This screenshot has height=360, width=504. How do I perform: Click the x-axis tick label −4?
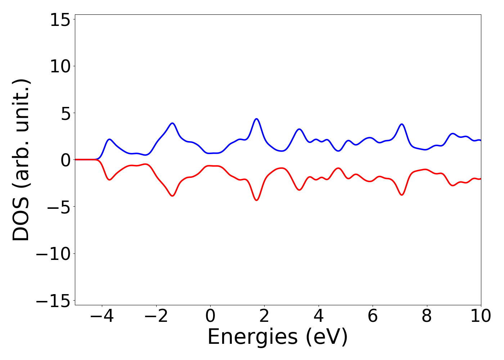pos(102,316)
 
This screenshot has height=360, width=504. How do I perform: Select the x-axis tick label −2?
pos(156,316)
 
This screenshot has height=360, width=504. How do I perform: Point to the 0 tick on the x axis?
pos(210,316)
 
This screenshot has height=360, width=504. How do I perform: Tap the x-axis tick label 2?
pos(264,316)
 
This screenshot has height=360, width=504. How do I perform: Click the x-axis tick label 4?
pos(319,316)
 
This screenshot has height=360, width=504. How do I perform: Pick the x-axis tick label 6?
pos(373,316)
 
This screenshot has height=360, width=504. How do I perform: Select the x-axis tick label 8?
pos(427,316)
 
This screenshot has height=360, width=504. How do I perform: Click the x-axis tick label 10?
pos(481,316)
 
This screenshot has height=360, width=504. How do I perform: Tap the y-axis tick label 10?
pos(60,67)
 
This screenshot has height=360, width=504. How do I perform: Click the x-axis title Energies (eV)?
pos(278,337)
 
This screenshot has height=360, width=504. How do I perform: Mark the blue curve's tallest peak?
pos(256,119)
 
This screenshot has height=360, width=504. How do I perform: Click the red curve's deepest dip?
pos(256,200)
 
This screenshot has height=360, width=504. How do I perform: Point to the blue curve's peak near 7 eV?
pos(402,124)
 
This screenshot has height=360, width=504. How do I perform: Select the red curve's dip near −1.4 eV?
pos(172,196)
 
